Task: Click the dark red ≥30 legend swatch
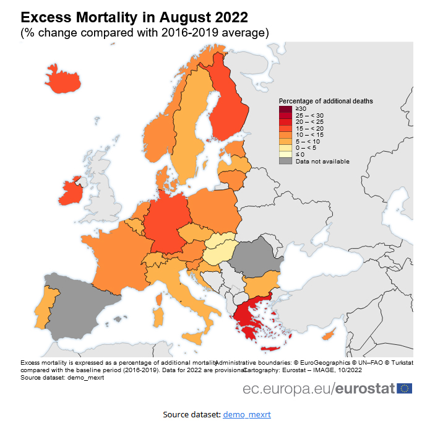pyautogui.click(x=285, y=109)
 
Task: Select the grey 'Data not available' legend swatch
pyautogui.click(x=285, y=161)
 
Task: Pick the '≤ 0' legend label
pyautogui.click(x=300, y=154)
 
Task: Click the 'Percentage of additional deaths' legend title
pyautogui.click(x=325, y=101)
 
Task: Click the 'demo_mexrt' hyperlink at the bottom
pyautogui.click(x=247, y=414)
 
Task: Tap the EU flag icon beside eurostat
pyautogui.click(x=405, y=388)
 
